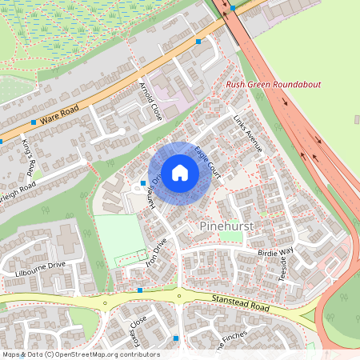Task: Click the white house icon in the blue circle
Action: (179, 173)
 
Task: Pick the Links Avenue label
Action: (246, 131)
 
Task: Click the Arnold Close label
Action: (151, 101)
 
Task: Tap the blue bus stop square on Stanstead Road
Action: (140, 290)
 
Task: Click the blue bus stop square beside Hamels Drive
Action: (143, 183)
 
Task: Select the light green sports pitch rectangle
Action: (118, 235)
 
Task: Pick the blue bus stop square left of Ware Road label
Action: (33, 122)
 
